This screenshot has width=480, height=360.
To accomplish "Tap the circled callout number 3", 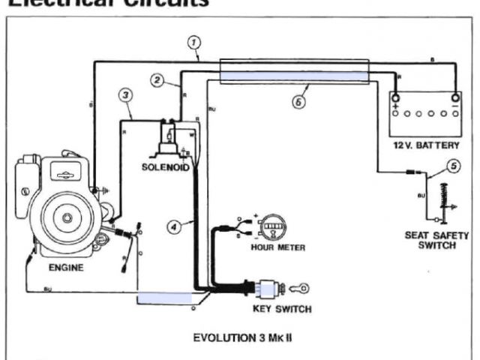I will click(127, 94).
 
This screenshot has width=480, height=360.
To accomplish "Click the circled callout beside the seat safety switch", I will click(452, 165).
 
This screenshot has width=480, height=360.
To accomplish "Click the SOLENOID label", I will click(163, 166).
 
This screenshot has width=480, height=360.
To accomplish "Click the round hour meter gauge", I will click(274, 225).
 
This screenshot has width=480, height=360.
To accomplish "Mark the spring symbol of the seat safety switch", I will click(452, 199).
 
